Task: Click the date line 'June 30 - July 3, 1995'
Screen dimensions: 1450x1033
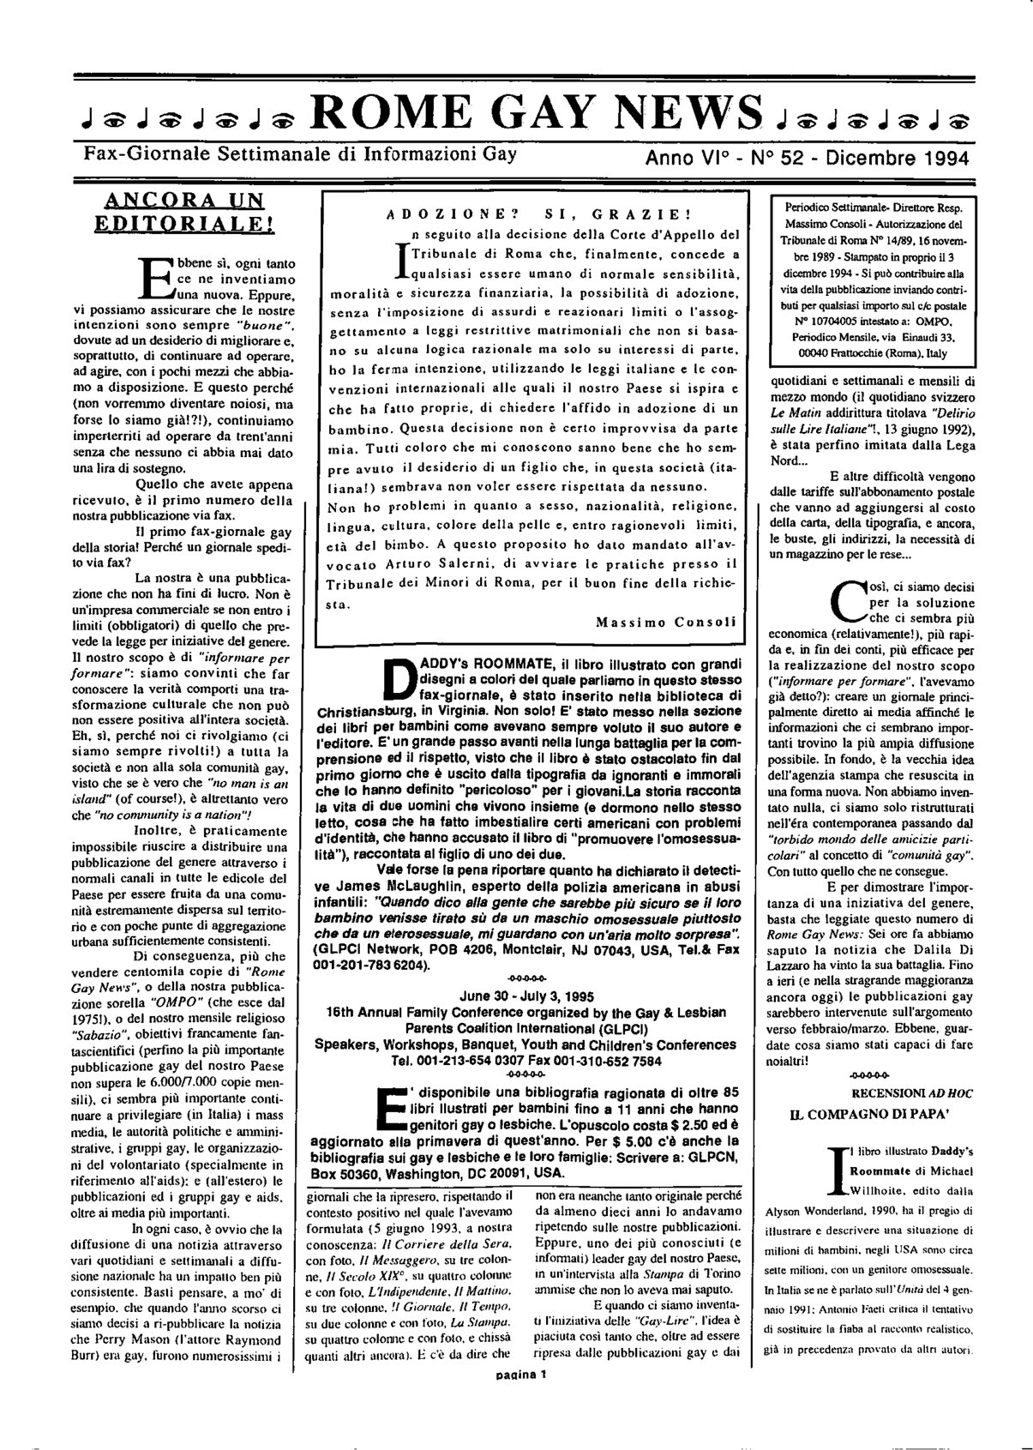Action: tap(527, 996)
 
